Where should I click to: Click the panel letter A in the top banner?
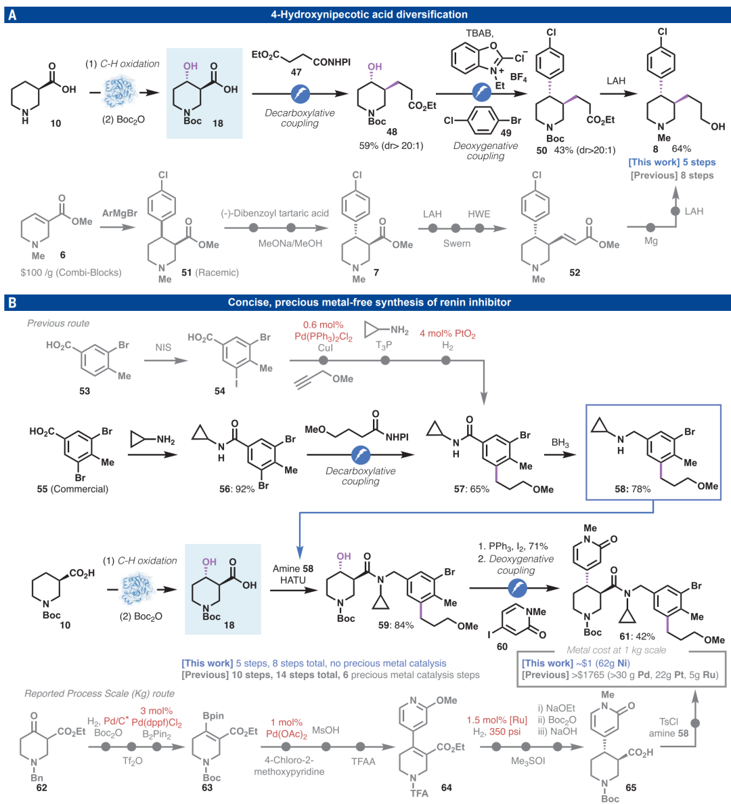(x=12, y=14)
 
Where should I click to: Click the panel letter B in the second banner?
(x=12, y=303)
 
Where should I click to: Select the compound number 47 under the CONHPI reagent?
(x=296, y=72)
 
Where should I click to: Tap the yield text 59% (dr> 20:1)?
(x=391, y=145)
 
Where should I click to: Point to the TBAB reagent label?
(x=479, y=33)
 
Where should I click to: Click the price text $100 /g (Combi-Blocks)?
(x=71, y=272)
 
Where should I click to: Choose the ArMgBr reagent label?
(x=120, y=213)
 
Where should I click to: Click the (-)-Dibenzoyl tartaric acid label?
(x=275, y=213)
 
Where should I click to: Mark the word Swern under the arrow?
(x=457, y=243)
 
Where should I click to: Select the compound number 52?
(x=575, y=272)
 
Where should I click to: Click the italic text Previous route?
(x=58, y=323)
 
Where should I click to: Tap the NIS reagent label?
(x=163, y=347)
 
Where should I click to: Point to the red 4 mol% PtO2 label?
(x=447, y=334)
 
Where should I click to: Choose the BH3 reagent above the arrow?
(x=560, y=444)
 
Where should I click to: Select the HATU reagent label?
(x=293, y=580)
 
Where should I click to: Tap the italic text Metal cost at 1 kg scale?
(x=616, y=650)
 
